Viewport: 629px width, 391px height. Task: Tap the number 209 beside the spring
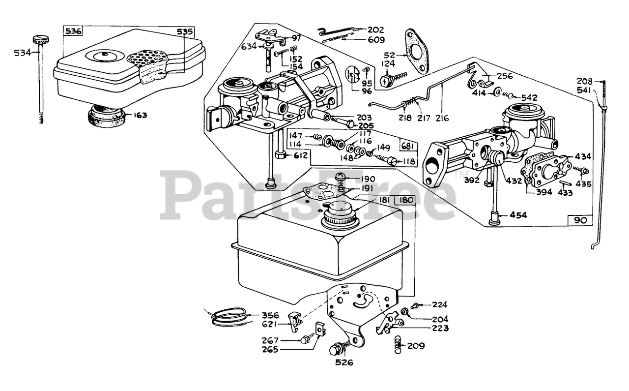[x=416, y=346]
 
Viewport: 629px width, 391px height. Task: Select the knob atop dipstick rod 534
[x=40, y=39]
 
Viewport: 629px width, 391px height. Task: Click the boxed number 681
[x=407, y=147]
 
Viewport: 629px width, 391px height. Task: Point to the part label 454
[x=517, y=215]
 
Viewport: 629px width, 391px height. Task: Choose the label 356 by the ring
[x=270, y=315]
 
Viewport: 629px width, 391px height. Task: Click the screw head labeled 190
[x=340, y=177]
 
